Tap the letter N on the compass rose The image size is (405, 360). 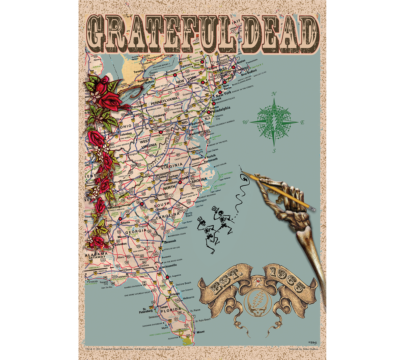click(274, 94)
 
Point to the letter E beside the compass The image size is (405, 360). click(302, 122)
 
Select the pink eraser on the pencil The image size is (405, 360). click(313, 210)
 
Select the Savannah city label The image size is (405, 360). click(170, 241)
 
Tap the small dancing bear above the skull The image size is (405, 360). click(258, 281)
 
